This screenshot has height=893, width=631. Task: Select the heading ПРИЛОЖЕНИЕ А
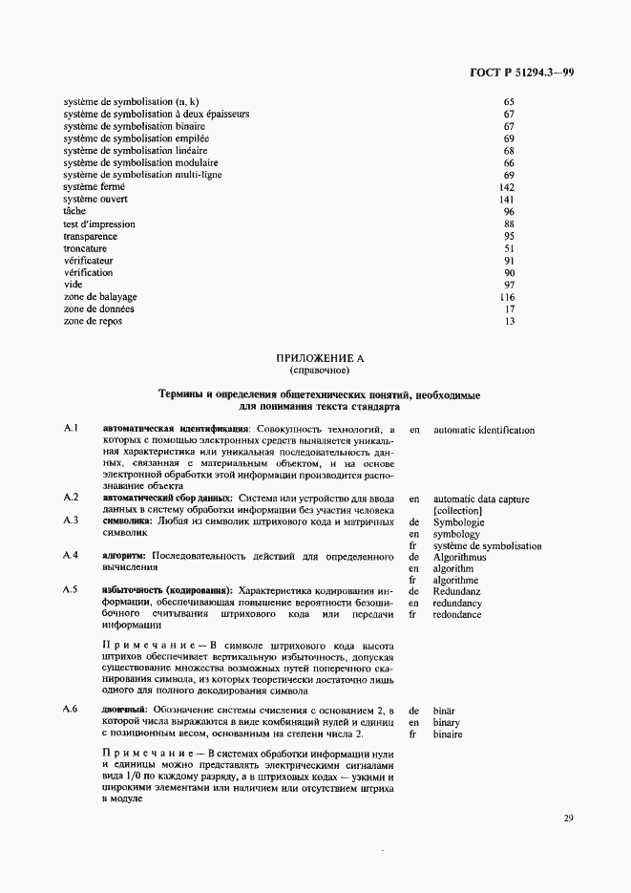(x=320, y=357)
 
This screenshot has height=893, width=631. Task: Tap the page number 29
(x=568, y=818)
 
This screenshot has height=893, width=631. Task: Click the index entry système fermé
(x=94, y=187)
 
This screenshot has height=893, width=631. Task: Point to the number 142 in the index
(x=508, y=187)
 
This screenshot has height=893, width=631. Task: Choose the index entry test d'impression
(x=99, y=224)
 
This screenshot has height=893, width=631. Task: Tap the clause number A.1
(x=70, y=430)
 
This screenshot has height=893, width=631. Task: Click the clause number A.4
(x=70, y=556)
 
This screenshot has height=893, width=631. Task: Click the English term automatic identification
(x=484, y=430)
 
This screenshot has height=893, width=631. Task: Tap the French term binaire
(x=448, y=734)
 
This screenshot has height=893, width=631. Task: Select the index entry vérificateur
(x=88, y=261)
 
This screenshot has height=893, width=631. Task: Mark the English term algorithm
(x=455, y=567)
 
